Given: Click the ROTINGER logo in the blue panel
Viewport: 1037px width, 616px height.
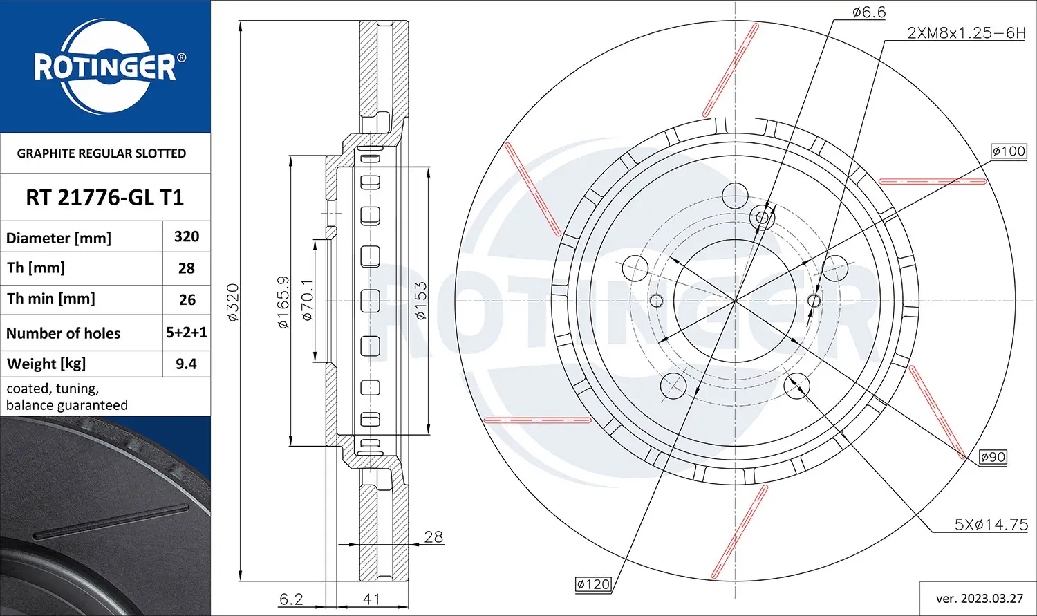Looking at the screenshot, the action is (106, 66).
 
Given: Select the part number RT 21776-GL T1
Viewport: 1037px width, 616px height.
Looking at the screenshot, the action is (105, 198).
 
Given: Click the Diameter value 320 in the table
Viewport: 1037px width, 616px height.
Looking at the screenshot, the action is (187, 236).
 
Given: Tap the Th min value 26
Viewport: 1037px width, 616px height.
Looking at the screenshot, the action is (187, 300).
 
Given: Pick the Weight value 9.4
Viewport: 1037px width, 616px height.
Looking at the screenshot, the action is (186, 364).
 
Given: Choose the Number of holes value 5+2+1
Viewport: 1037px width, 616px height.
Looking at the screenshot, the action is (187, 333).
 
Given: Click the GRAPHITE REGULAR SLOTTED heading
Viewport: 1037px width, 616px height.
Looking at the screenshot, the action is (102, 153).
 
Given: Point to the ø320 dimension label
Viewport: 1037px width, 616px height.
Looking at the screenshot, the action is (233, 302).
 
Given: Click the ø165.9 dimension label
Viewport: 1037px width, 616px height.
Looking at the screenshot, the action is (283, 302).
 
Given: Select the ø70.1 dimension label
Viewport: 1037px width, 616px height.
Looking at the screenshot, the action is (308, 300).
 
